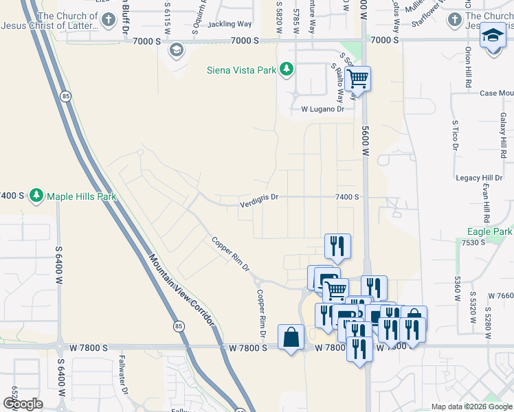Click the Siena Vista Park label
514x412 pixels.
242,69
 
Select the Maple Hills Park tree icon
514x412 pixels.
36,196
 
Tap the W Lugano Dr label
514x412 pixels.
322,109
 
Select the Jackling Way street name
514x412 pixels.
230,23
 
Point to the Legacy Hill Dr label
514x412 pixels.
478,178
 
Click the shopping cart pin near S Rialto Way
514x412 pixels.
357,79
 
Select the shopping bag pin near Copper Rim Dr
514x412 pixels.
291,337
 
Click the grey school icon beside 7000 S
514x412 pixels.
177,49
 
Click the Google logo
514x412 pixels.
23,404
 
